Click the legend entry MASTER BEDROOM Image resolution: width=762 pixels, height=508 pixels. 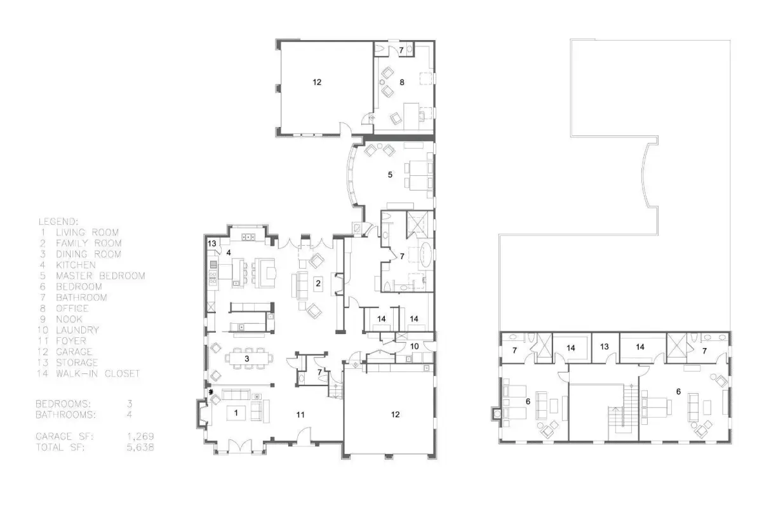pos(100,276)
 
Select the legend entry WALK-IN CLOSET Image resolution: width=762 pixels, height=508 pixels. pos(98,373)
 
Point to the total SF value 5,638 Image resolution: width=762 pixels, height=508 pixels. pos(140,447)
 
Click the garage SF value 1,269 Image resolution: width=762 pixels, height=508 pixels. pos(140,436)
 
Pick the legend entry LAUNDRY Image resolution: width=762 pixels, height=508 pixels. pos(77,330)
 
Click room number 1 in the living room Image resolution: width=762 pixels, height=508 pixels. pos(236,413)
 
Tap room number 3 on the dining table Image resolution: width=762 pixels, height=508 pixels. pos(247,358)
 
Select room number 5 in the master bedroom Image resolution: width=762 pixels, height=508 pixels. pos(390,175)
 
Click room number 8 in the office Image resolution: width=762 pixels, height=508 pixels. pos(402,82)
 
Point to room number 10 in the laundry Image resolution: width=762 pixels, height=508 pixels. pos(414,346)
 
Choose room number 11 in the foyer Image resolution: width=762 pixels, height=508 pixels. pos(300,415)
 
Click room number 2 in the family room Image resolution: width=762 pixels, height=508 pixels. pos(318,283)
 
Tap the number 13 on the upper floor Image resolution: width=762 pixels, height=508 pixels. pos(604,346)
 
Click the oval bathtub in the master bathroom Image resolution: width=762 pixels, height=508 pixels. pos(427,255)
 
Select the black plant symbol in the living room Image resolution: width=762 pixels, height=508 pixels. pos(211,392)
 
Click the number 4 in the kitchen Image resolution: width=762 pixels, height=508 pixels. pos(229,253)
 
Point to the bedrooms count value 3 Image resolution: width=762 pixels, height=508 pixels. pos(130,404)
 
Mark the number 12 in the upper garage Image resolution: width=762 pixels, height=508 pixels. pos(317,82)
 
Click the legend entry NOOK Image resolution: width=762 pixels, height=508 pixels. pos(69,319)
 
